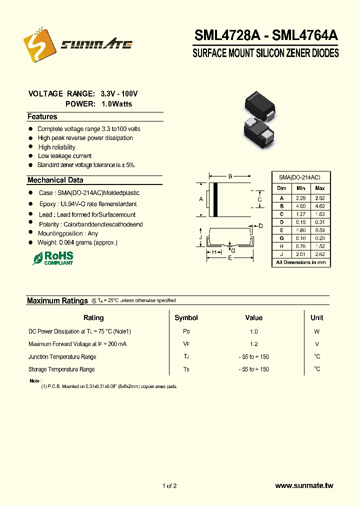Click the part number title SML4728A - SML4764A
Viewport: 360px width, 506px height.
coord(265,35)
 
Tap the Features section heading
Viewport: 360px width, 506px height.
coord(42,116)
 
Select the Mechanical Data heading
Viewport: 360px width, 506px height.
coord(55,180)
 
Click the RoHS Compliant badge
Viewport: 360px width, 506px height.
coord(53,258)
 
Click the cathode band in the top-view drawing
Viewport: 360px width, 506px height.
coord(215,200)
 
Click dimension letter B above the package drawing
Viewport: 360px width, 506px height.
coord(230,176)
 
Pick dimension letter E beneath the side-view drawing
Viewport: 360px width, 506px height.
coord(229,258)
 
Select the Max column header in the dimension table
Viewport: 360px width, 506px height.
coord(320,188)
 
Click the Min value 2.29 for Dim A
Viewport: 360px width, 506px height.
coord(300,198)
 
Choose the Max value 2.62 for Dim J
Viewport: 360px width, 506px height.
coord(320,254)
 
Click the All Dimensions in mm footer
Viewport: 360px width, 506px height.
coord(300,262)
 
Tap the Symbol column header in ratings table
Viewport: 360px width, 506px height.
coord(186,317)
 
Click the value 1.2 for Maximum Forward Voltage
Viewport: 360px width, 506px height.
coord(253,344)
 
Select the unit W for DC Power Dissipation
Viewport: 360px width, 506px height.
coord(316,331)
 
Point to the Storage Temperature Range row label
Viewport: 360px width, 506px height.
coord(61,369)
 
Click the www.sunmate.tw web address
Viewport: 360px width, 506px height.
coord(304,485)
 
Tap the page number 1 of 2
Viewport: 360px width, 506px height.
coord(169,485)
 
